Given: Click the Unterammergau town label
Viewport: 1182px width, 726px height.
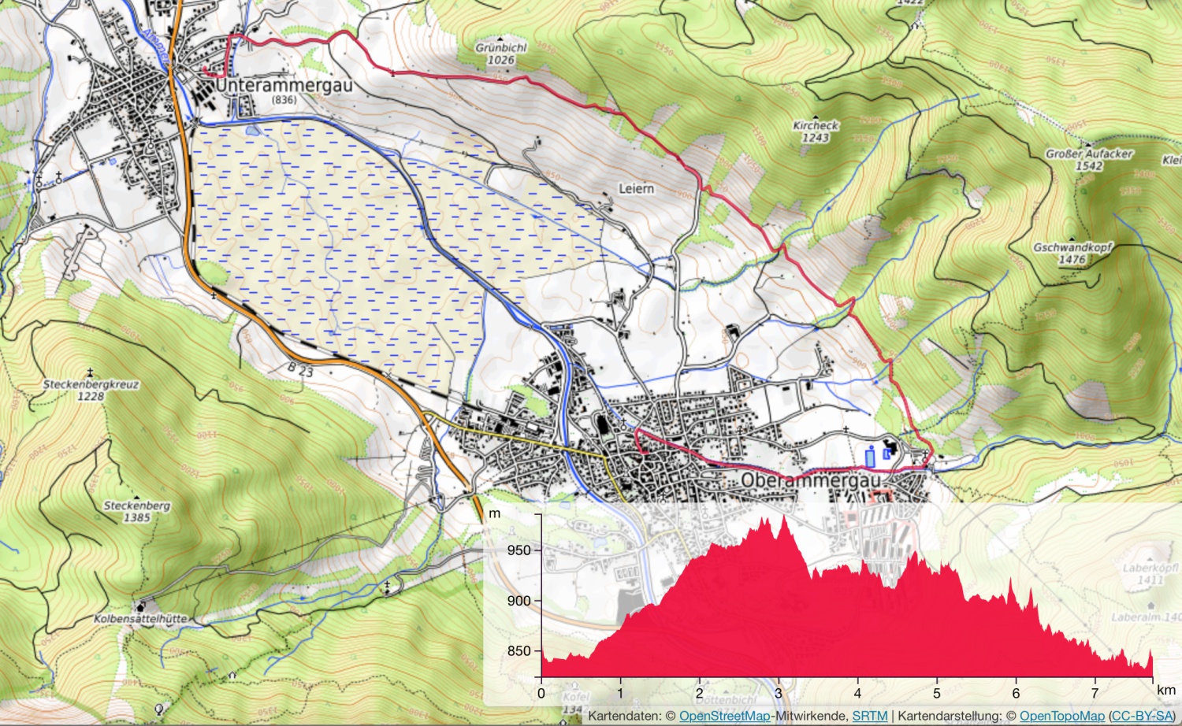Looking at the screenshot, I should point(284,85).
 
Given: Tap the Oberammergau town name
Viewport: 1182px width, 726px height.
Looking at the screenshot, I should point(811,480).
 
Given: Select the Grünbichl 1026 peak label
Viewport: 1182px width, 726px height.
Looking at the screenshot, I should point(500,54).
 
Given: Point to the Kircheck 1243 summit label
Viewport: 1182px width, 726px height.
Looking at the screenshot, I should point(816,131).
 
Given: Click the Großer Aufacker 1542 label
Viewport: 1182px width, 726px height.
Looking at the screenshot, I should point(1089,159).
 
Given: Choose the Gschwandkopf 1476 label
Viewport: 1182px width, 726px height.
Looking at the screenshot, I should point(1072,253).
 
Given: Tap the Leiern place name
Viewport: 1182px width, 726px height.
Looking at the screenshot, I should point(636,189).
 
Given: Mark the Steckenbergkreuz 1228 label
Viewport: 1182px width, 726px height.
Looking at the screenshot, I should point(91,390).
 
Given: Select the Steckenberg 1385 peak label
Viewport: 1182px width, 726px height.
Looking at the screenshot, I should point(136,511).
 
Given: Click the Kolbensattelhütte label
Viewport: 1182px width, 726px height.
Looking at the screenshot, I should point(140,619).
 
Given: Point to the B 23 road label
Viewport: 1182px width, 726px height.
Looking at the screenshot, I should point(300,369).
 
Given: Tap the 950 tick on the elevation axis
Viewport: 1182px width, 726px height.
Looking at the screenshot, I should point(519,550).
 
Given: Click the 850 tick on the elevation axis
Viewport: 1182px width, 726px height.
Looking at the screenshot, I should point(519,651).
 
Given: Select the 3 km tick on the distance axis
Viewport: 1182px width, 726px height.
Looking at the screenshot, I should point(779,694).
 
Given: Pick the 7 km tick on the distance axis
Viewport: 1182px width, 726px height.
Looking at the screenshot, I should point(1095,694).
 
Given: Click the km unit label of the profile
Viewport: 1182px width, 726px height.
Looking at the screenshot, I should point(1165,691).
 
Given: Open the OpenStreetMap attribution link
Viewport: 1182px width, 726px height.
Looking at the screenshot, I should point(724,716).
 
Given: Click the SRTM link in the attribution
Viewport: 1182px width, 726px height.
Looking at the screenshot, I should point(869,716).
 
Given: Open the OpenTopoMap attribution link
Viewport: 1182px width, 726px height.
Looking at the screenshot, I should point(1061,716).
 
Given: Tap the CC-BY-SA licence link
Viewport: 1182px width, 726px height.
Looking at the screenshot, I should point(1142,716).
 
